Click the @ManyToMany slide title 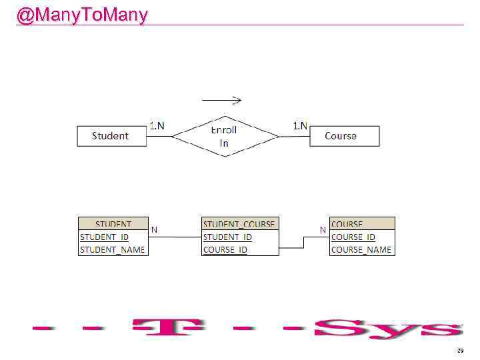82,15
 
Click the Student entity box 111,136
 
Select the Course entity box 344,136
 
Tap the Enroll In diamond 225,136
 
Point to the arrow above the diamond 221,101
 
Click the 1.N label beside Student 157,125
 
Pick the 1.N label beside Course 300,125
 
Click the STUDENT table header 113,224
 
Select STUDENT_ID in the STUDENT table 105,237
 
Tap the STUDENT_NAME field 112,249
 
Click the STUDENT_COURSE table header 239,224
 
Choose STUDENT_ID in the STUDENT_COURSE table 227,237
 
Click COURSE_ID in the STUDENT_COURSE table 225,249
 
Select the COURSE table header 347,224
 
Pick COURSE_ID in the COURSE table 353,237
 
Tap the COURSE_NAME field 361,249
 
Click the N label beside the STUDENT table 154,229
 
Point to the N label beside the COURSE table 323,229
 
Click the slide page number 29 459,350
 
